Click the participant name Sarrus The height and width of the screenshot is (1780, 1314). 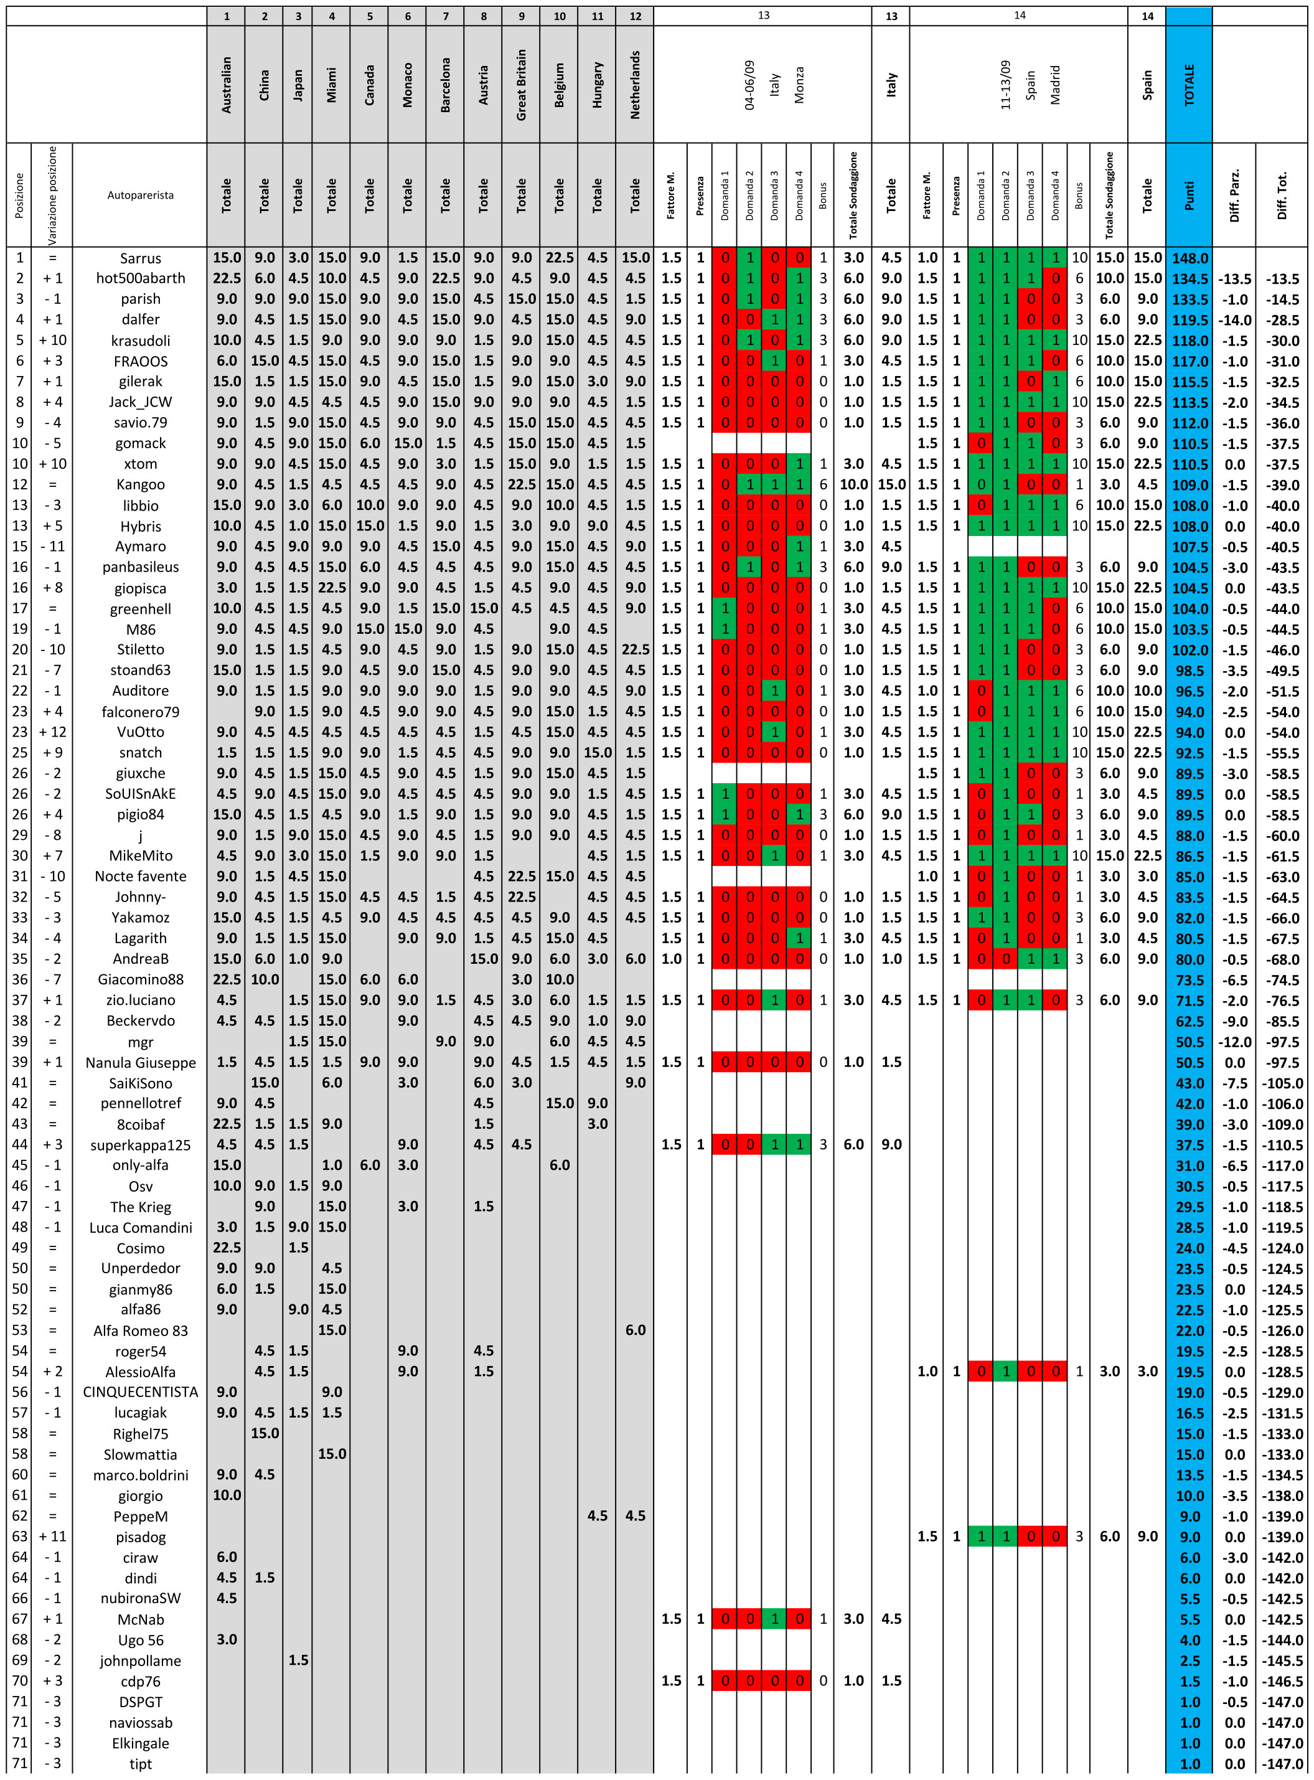[x=140, y=258]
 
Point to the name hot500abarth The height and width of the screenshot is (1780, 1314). [x=140, y=278]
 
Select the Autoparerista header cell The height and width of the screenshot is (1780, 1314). [x=140, y=195]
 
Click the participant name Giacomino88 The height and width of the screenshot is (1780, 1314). [x=140, y=979]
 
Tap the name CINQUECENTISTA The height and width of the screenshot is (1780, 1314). [x=140, y=1392]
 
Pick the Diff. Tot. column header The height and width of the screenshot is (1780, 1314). [x=1282, y=195]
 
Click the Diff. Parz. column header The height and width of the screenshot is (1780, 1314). [x=1234, y=195]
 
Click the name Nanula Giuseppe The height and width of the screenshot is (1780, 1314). [x=140, y=1063]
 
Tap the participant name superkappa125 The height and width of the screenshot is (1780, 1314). [x=140, y=1144]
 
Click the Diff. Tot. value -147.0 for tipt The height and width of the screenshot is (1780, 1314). [x=1282, y=1764]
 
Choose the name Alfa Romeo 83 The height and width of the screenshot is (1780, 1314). [x=140, y=1330]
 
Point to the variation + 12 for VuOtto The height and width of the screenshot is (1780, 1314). [x=52, y=732]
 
